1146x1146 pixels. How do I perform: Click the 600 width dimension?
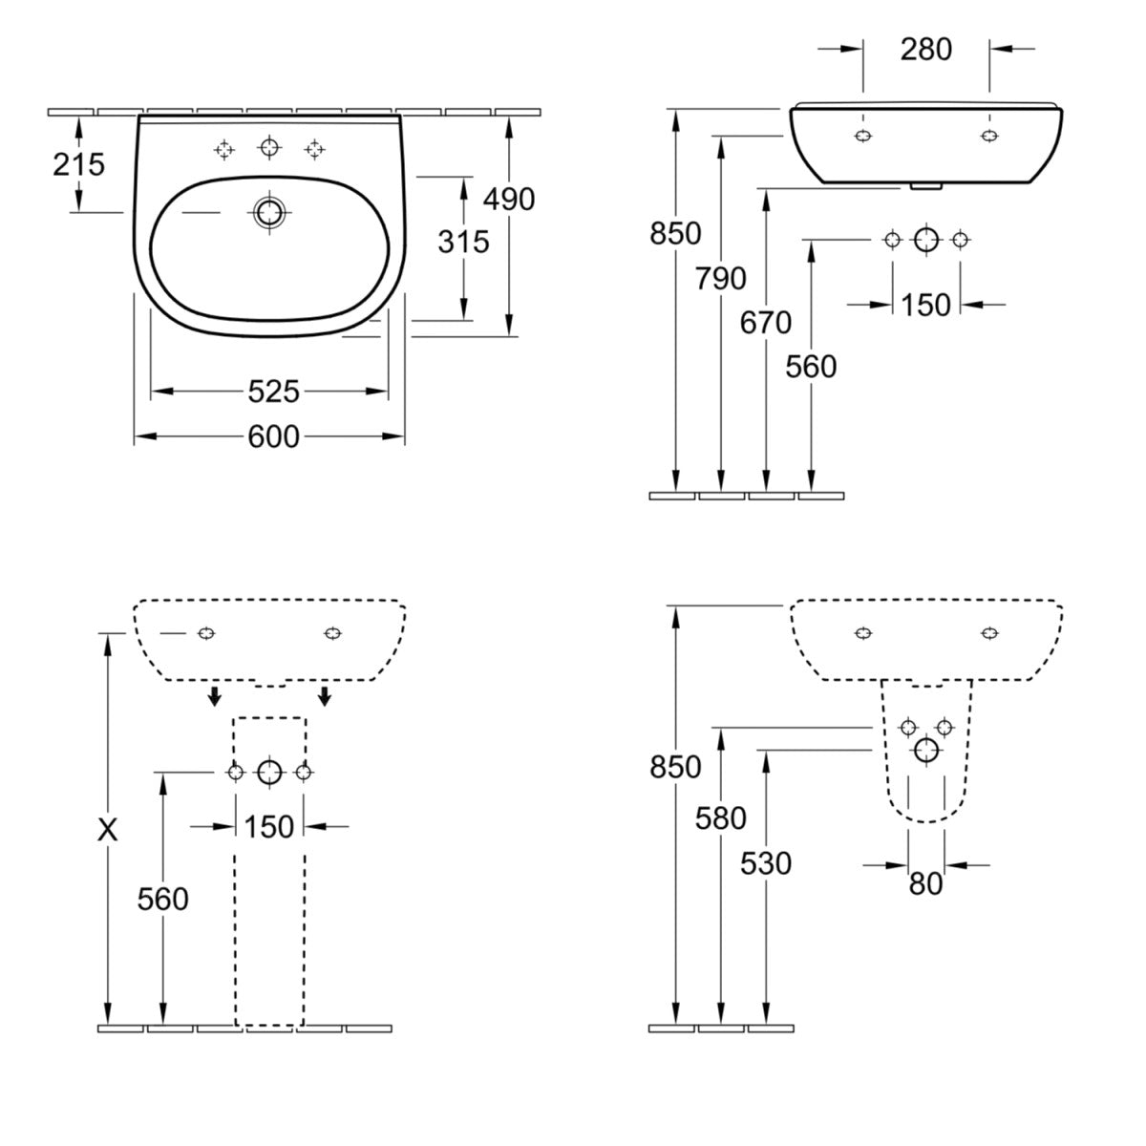tap(274, 436)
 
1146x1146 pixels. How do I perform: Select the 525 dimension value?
tap(274, 391)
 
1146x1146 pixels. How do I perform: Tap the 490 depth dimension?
tap(509, 199)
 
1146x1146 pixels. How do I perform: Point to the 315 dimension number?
tap(463, 242)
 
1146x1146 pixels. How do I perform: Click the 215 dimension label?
tap(78, 164)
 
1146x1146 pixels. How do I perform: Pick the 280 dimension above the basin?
tap(926, 49)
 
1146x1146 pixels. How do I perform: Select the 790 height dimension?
tap(721, 279)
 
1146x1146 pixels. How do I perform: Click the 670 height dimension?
tap(766, 323)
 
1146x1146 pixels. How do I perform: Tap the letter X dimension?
tap(109, 831)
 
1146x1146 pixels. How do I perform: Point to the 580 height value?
tap(721, 818)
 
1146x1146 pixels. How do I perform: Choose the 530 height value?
tap(766, 863)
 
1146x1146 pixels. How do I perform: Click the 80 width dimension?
tap(925, 884)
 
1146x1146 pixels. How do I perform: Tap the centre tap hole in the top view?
tap(269, 148)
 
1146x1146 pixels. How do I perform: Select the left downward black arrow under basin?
tap(217, 695)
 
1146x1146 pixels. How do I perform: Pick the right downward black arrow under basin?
tap(325, 695)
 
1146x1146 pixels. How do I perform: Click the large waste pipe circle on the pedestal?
tap(269, 772)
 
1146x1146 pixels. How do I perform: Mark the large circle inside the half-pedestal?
tap(925, 751)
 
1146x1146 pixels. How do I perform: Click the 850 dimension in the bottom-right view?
tap(675, 767)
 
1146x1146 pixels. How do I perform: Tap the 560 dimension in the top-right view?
tap(811, 367)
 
